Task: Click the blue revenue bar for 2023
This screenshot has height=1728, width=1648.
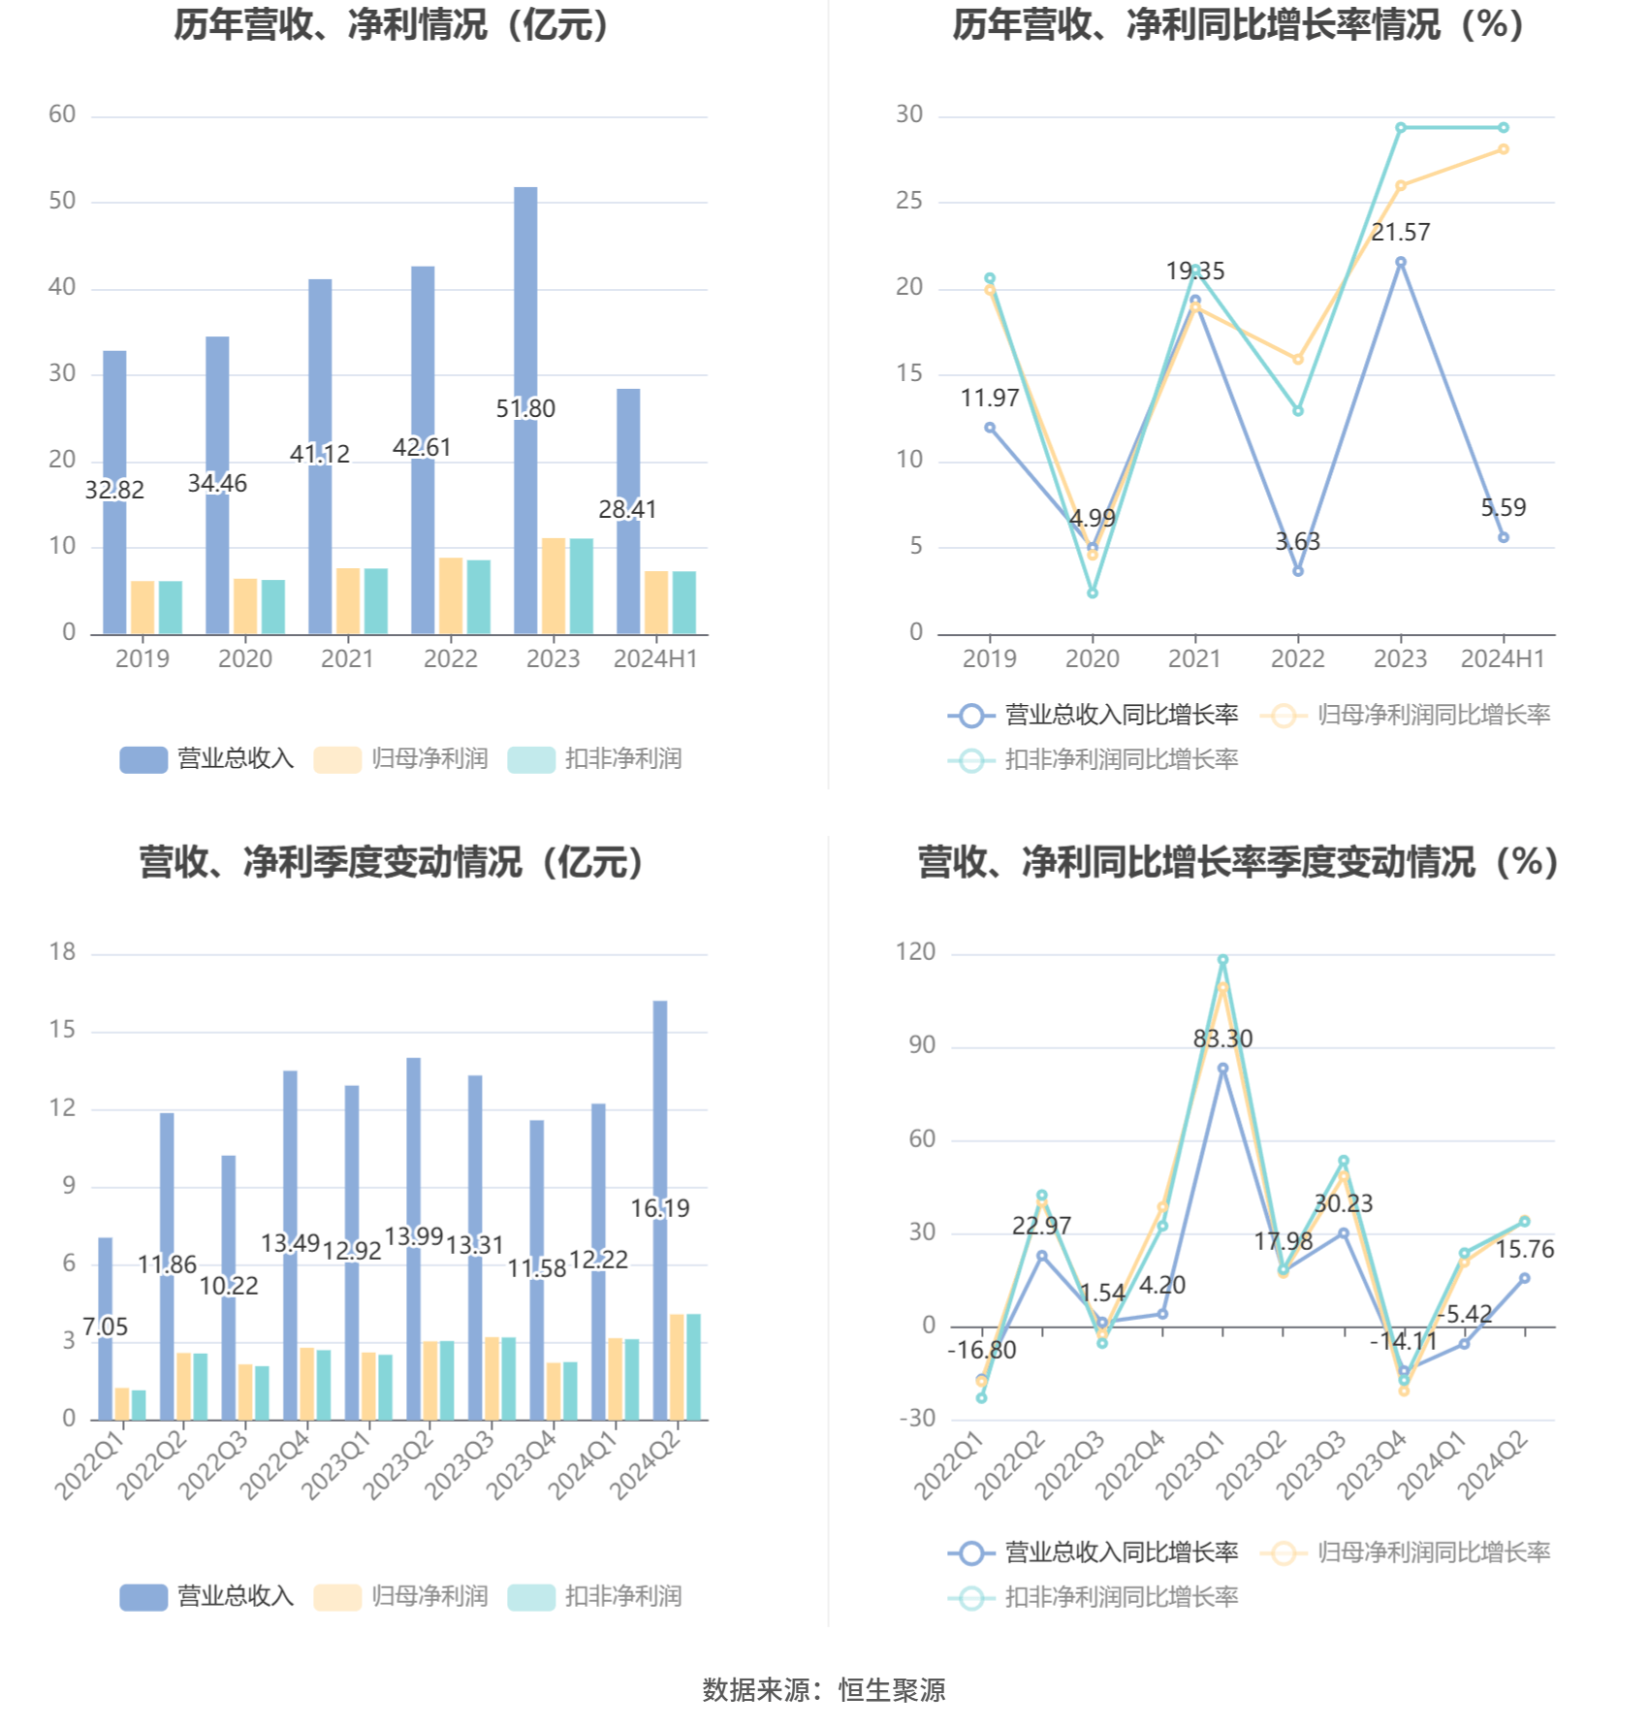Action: click(525, 291)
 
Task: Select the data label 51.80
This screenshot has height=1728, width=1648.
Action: click(525, 408)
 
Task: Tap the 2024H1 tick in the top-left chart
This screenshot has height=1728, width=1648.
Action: click(655, 658)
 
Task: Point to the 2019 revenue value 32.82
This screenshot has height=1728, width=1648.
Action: click(114, 490)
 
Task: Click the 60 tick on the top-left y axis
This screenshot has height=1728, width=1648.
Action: click(62, 114)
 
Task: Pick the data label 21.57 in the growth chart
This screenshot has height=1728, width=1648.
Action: click(1400, 232)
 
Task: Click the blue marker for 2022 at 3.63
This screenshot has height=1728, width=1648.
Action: click(1298, 571)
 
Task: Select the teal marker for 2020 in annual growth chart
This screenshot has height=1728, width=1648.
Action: click(1093, 592)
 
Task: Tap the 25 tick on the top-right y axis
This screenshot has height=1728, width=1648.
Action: click(909, 201)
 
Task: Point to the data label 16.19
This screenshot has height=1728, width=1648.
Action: click(660, 1208)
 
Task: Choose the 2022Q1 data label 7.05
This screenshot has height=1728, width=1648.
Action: click(106, 1327)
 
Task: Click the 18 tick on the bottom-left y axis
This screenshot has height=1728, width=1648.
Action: click(62, 952)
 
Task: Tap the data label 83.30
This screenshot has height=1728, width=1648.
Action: click(1222, 1039)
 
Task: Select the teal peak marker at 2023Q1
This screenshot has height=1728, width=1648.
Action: click(1222, 960)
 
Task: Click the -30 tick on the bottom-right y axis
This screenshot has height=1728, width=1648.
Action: click(917, 1419)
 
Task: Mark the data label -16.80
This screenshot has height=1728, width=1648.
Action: click(982, 1350)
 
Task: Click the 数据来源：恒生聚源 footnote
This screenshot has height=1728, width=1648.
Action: click(824, 1689)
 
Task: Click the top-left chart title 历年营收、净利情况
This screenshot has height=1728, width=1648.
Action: click(392, 25)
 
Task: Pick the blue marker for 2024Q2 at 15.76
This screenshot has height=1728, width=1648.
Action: click(1524, 1278)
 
